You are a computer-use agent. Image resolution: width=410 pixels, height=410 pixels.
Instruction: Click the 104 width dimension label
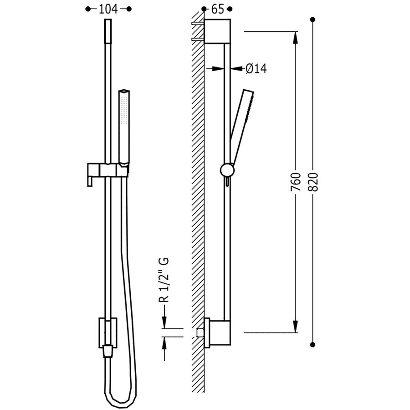(108, 9)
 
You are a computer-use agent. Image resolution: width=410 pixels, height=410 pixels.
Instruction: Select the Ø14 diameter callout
(256, 68)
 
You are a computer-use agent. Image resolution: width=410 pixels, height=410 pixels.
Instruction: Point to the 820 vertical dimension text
(313, 182)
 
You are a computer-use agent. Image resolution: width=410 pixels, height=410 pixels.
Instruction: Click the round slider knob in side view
(227, 170)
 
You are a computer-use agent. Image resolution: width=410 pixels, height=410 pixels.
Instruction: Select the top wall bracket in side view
(217, 31)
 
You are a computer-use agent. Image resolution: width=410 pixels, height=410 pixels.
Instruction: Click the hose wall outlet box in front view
(108, 333)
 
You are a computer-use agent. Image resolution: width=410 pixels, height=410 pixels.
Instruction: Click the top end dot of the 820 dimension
(313, 20)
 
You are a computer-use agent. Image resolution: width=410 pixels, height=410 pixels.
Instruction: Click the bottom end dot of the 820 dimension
(313, 344)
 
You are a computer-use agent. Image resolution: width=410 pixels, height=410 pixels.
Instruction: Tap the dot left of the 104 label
(88, 9)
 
